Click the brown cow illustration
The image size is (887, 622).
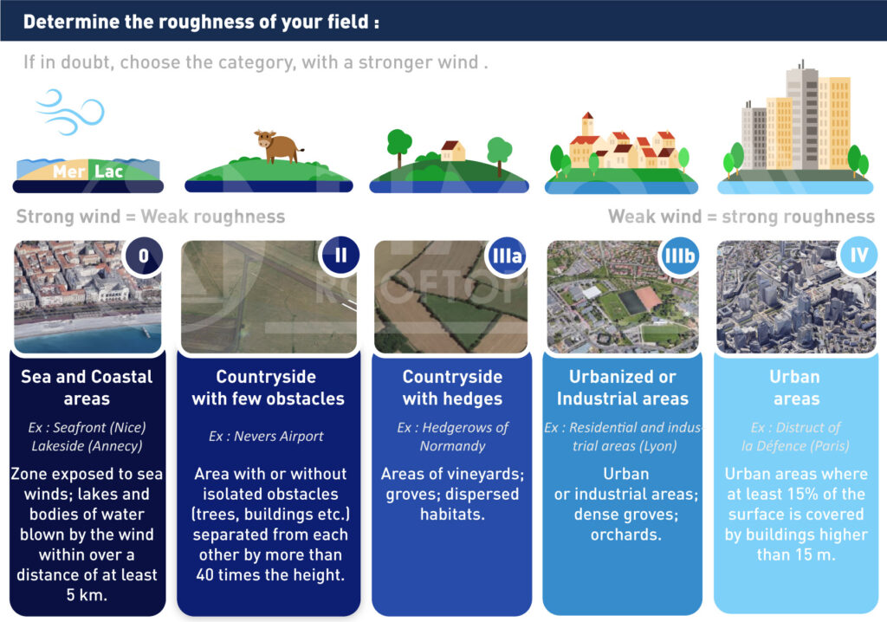276,146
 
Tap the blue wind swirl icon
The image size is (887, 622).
70,112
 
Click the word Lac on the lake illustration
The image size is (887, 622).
108,171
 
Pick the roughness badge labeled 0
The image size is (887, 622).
144,256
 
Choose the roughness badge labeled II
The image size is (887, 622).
340,256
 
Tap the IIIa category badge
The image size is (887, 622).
507,256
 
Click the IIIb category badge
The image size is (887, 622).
679,256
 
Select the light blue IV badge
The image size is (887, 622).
858,256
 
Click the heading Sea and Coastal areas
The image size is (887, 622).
87,388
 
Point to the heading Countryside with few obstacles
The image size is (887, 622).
268,388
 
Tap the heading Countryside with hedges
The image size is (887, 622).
452,388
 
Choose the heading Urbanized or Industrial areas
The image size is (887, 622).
622,388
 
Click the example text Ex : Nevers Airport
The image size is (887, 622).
266,437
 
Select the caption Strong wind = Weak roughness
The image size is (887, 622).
151,217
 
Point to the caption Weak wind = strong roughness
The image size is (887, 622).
741,217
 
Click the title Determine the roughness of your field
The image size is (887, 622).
201,22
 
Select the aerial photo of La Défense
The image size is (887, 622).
796,297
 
